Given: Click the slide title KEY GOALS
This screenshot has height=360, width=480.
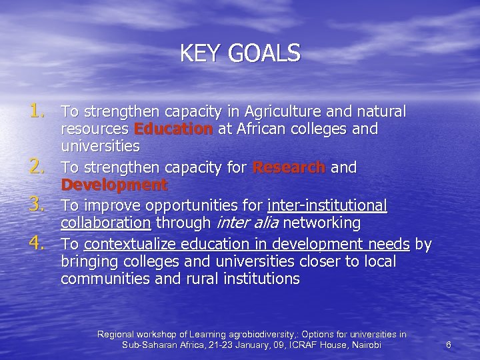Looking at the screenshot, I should pyautogui.click(x=240, y=53).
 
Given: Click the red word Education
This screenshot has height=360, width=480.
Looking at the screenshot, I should pyautogui.click(x=173, y=128).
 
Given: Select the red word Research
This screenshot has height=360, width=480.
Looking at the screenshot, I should pyautogui.click(x=289, y=168).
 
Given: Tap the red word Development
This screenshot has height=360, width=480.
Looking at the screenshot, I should pyautogui.click(x=114, y=185).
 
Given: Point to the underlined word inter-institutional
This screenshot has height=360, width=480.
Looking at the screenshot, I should pyautogui.click(x=327, y=204).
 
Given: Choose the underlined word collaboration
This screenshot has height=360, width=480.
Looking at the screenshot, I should pyautogui.click(x=107, y=221).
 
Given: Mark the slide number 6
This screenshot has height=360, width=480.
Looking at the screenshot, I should pyautogui.click(x=449, y=345).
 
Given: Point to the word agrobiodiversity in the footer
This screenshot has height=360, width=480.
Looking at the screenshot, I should pyautogui.click(x=267, y=333).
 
